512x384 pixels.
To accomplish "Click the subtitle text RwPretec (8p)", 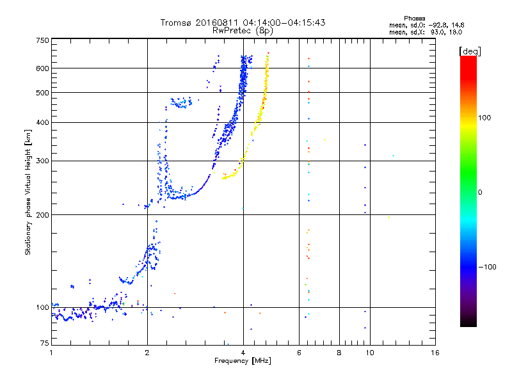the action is (243, 31).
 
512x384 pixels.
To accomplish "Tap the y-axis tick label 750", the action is (42, 40).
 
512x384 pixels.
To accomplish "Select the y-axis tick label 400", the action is (42, 122).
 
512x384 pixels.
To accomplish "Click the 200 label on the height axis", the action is (42, 215).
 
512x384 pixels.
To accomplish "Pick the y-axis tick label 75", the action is (45, 343).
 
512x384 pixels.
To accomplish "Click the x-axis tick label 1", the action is (51, 353).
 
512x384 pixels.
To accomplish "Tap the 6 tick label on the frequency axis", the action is (299, 353).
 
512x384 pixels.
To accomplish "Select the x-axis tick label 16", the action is (435, 353).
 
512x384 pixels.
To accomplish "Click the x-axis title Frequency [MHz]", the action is (243, 361).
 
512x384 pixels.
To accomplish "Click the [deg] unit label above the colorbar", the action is (470, 51).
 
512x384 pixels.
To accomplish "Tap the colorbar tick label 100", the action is (484, 118).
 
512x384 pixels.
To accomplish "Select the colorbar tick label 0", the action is (480, 193).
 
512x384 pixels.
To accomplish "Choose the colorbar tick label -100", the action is (487, 267).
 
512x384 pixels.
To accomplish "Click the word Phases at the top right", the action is (414, 19).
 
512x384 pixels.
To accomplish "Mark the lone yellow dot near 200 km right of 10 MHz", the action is (388, 217).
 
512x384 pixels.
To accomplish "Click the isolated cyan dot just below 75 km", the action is (228, 344).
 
